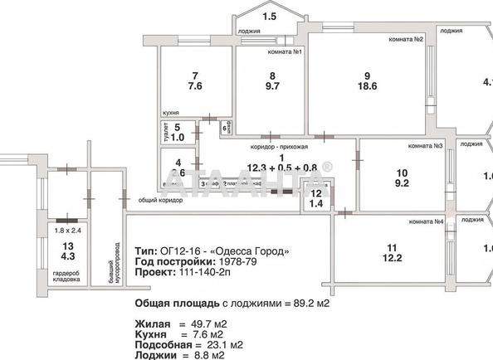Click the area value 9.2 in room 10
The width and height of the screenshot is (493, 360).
tap(401, 184)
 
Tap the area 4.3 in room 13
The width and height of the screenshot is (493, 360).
tap(68, 258)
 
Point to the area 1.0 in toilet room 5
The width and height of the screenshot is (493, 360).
tap(188, 138)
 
